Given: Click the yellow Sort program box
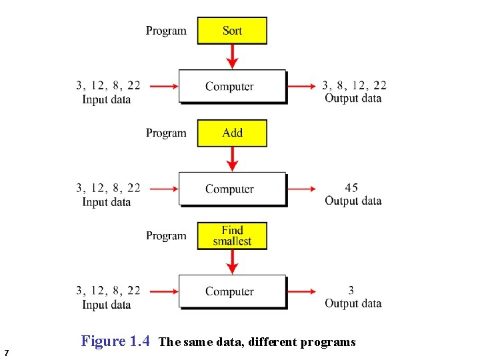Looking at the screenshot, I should (x=232, y=31).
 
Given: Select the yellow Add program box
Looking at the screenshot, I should (x=232, y=133).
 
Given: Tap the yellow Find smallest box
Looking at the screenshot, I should (x=232, y=236).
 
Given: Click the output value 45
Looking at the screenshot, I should (x=351, y=188).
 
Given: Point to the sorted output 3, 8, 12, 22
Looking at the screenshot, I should (x=354, y=85).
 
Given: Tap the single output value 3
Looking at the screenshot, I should (x=351, y=291).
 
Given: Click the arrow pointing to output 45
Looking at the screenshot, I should (x=302, y=189).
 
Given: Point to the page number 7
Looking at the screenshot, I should (x=6, y=352).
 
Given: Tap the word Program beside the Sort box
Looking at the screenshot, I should (x=167, y=31).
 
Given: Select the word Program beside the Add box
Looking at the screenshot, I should (x=167, y=133).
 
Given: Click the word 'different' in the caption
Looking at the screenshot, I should (x=273, y=343).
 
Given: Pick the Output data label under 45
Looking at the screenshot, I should (x=353, y=201).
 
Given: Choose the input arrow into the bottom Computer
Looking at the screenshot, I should (x=163, y=291).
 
